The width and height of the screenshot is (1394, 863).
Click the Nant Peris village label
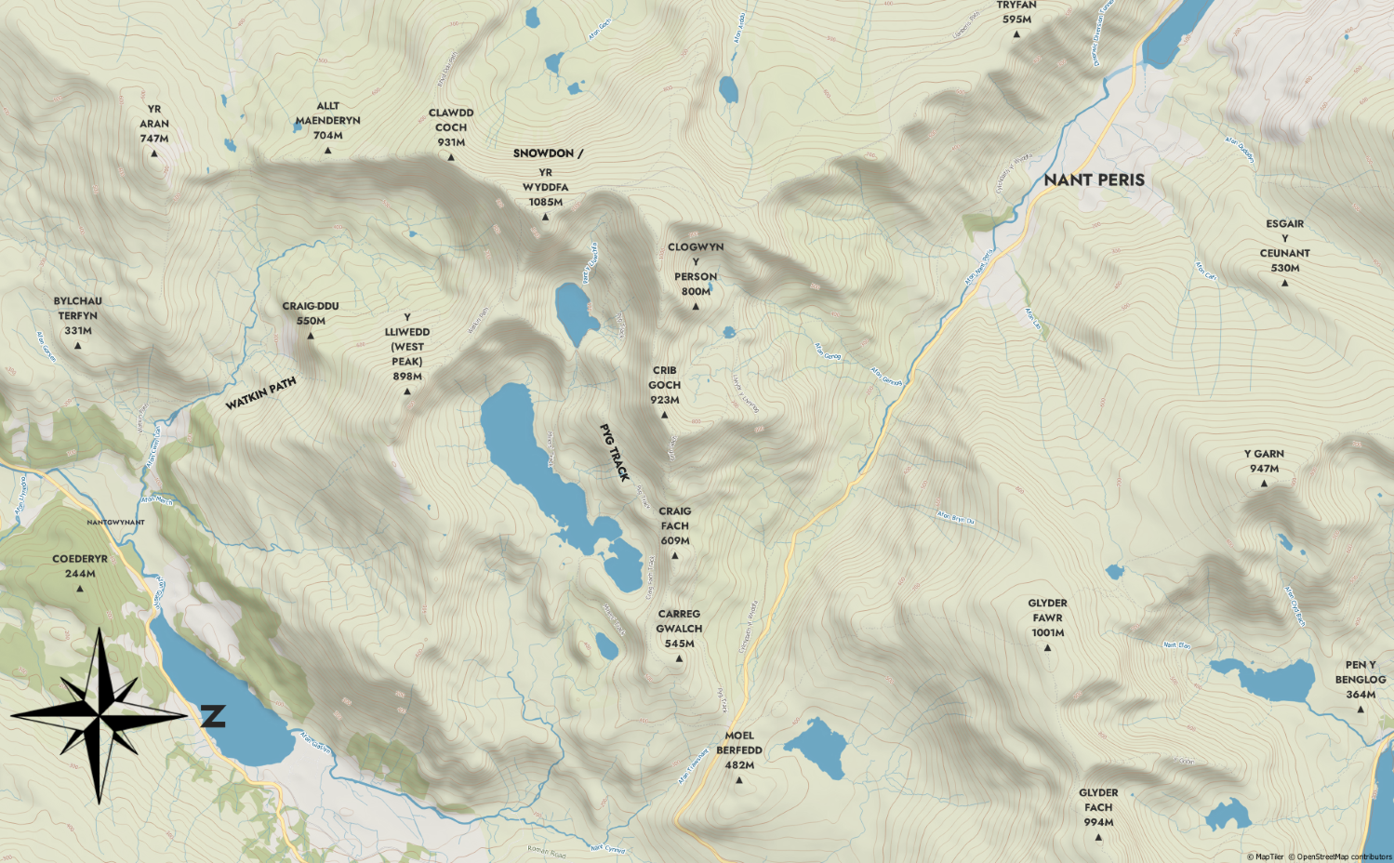pyautogui.click(x=1094, y=179)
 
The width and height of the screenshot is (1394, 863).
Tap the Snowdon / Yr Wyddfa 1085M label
pyautogui.click(x=546, y=178)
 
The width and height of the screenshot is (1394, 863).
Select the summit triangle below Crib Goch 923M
pyautogui.click(x=664, y=415)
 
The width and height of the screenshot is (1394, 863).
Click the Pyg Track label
pyautogui.click(x=614, y=453)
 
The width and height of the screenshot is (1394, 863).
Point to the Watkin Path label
pyautogui.click(x=260, y=393)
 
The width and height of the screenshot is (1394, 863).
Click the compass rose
pyautogui.click(x=100, y=715)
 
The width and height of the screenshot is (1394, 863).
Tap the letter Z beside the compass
pyautogui.click(x=213, y=716)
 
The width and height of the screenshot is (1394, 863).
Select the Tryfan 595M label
pyautogui.click(x=1016, y=12)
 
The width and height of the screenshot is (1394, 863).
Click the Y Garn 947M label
pyautogui.click(x=1264, y=461)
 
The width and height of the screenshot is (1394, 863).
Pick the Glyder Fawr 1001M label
pyautogui.click(x=1047, y=617)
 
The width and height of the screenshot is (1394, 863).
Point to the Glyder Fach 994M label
pyautogui.click(x=1098, y=807)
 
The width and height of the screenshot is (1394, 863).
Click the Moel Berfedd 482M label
pyautogui.click(x=739, y=750)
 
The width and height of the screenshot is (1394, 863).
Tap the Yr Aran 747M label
pyautogui.click(x=154, y=124)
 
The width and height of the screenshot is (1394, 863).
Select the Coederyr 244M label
pyautogui.click(x=80, y=566)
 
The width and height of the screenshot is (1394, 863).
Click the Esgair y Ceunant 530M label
pyautogui.click(x=1284, y=246)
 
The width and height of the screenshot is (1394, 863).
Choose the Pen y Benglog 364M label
pyautogui.click(x=1360, y=680)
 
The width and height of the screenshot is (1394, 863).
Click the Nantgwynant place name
pyautogui.click(x=115, y=523)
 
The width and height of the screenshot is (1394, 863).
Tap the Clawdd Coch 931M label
pyautogui.click(x=451, y=127)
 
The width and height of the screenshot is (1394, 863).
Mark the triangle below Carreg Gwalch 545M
pyautogui.click(x=679, y=658)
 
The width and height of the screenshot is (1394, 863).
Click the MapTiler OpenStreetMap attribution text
pyautogui.click(x=1319, y=856)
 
